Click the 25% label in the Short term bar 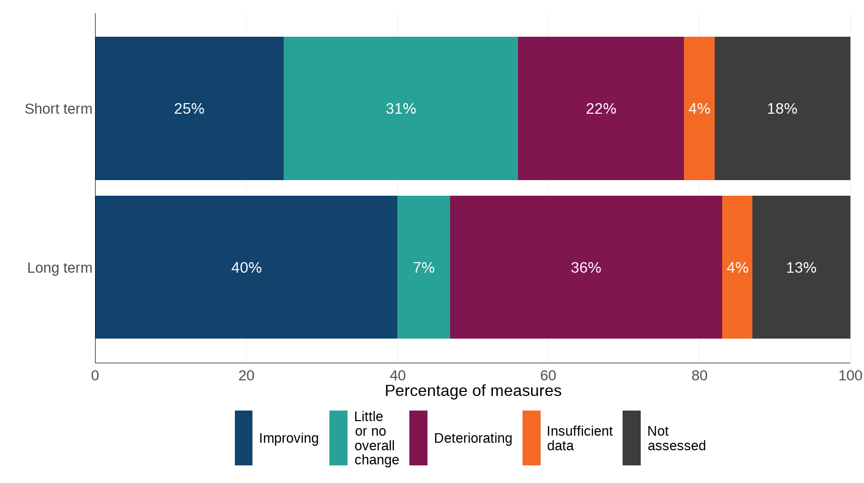(189, 109)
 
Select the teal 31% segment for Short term (401, 109)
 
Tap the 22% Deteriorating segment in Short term (601, 109)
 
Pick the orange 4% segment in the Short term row (699, 109)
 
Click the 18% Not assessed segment (782, 109)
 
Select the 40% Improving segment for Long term (246, 268)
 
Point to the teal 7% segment (423, 268)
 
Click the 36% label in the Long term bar (586, 268)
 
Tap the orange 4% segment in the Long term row (737, 268)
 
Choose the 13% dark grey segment (801, 268)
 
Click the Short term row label (58, 109)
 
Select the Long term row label (59, 268)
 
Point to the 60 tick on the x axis (548, 375)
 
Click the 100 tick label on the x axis (850, 375)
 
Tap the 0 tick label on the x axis (95, 375)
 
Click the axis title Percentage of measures (473, 391)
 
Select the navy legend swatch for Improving (243, 438)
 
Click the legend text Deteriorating (473, 438)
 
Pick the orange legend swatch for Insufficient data (531, 438)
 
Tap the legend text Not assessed (676, 438)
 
